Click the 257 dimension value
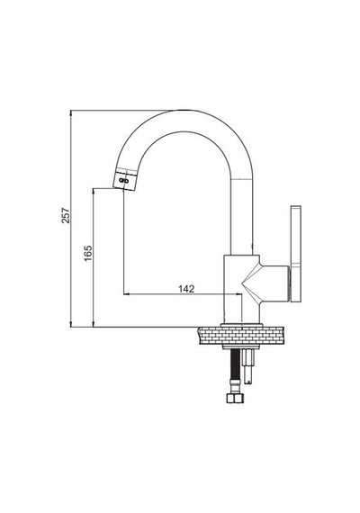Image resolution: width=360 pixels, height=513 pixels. [66, 215]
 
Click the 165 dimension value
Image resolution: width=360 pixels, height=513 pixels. [88, 253]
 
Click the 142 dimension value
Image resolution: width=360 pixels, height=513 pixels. [186, 289]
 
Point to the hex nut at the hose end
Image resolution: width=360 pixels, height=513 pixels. [235, 398]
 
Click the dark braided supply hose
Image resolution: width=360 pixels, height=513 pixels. [235, 364]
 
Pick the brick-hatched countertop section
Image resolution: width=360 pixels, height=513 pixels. [240, 336]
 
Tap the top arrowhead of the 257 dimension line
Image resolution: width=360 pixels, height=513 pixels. [71, 112]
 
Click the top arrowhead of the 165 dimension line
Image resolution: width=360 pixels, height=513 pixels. [94, 191]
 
